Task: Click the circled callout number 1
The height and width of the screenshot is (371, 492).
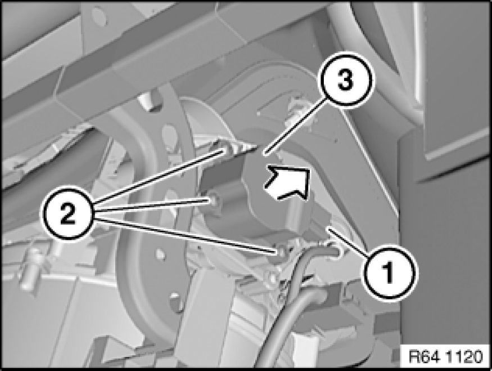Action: (x=390, y=271)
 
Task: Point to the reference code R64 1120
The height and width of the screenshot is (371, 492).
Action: (x=445, y=356)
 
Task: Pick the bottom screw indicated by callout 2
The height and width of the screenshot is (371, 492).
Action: (x=282, y=251)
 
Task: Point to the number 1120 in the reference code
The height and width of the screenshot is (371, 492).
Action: (x=462, y=356)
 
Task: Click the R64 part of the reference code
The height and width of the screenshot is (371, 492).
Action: (x=423, y=356)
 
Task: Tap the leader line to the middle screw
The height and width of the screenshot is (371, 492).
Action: (x=153, y=205)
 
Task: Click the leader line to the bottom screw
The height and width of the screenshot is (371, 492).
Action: (x=185, y=235)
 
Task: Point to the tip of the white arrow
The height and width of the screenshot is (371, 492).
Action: (x=309, y=169)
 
